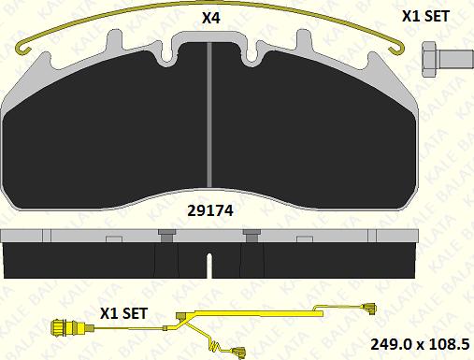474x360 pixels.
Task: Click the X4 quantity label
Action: (x=211, y=18)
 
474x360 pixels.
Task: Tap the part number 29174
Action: (x=210, y=211)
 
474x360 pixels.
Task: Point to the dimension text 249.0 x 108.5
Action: (x=420, y=344)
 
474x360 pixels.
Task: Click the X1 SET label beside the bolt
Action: (x=425, y=16)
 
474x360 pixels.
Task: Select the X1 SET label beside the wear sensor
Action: (x=123, y=313)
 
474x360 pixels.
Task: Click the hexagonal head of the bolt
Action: (x=429, y=59)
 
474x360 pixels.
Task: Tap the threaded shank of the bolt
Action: (x=455, y=59)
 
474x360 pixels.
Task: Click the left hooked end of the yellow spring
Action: (x=24, y=48)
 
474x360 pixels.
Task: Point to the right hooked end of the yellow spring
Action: (x=397, y=49)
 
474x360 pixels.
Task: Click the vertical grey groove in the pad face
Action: (x=209, y=115)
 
